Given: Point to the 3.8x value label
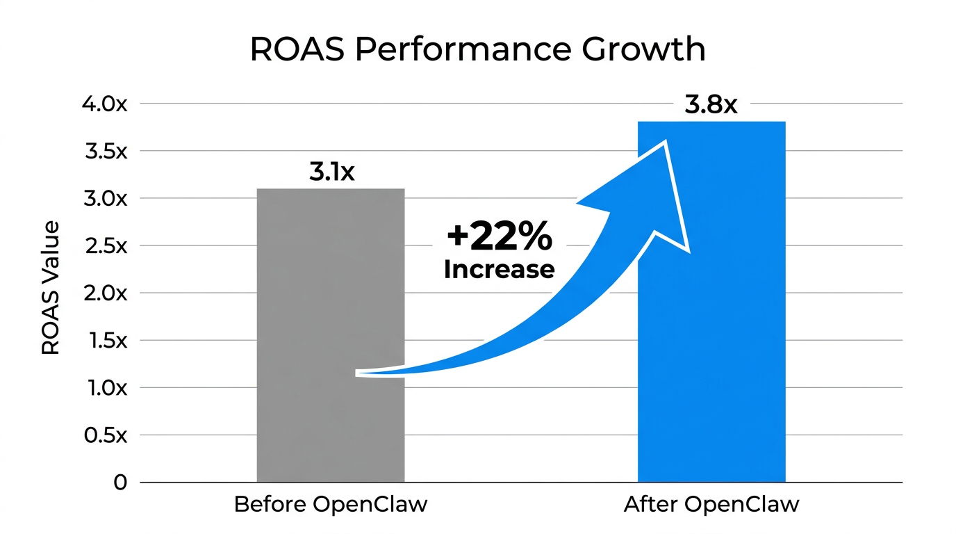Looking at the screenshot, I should (x=710, y=105).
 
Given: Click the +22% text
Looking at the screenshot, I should (x=500, y=237).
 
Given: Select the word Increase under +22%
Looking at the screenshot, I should (x=499, y=269).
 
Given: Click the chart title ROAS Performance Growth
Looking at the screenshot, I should (x=477, y=50).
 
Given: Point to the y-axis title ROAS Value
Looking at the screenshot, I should (x=51, y=289).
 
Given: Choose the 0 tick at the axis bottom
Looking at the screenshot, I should (x=120, y=483).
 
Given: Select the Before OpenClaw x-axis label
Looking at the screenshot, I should (x=330, y=504).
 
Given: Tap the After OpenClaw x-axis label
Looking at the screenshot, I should (x=711, y=504).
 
